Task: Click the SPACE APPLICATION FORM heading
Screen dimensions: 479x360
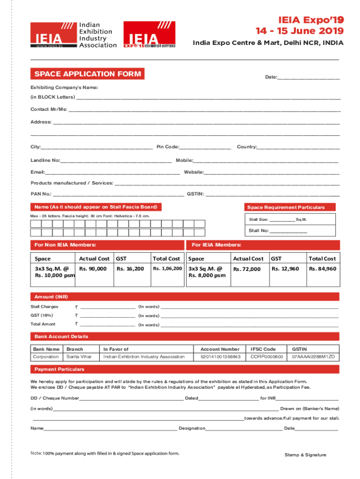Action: pos(87,74)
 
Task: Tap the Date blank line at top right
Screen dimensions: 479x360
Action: pos(309,77)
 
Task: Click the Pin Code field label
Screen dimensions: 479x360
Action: pos(168,147)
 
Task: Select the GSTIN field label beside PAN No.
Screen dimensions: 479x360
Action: pos(195,194)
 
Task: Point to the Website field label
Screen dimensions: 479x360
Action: pos(194,172)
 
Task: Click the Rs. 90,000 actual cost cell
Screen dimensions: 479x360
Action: pos(93,269)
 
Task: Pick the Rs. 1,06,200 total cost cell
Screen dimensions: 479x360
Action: pos(167,269)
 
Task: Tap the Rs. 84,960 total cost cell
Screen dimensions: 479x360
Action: pos(322,269)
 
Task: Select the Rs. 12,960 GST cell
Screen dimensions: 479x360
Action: pos(285,269)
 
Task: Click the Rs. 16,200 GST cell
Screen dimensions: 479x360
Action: pos(130,269)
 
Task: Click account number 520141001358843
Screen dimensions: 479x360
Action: pos(220,357)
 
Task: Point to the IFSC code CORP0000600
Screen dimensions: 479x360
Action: pos(267,357)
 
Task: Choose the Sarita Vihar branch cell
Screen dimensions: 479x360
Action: pos(79,357)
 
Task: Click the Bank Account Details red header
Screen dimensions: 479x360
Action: pos(61,336)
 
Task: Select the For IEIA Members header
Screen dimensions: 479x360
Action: pos(216,245)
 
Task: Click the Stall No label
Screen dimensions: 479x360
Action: pos(259,231)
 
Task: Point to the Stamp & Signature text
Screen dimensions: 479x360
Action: pos(305,455)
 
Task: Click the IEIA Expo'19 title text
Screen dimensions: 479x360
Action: pos(311,20)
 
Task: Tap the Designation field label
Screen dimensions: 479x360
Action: pos(192,428)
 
